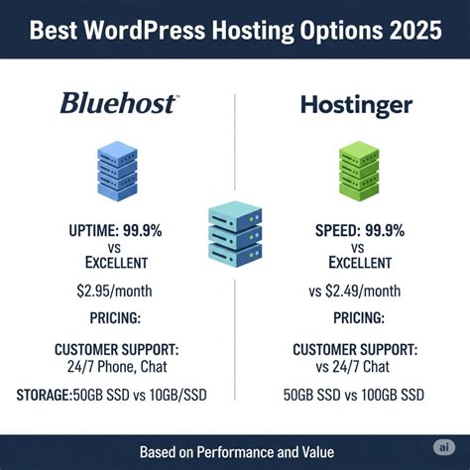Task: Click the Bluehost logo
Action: (x=118, y=102)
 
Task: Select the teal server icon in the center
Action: (x=235, y=230)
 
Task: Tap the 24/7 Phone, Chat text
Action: (x=117, y=368)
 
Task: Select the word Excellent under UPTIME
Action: (x=117, y=264)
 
